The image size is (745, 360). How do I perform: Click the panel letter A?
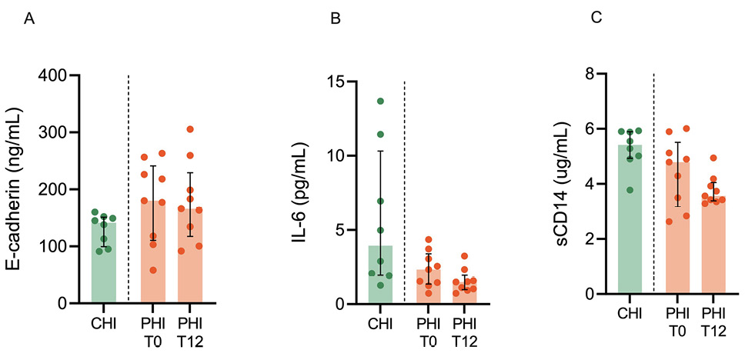coord(30,20)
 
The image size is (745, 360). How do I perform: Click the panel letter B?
coord(335,20)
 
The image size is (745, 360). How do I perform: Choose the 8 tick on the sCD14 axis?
coord(592,74)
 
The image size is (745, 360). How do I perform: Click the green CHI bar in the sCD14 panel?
coord(630,223)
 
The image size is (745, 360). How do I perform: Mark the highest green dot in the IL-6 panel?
coord(379,101)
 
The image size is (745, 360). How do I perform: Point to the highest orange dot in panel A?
coord(190,129)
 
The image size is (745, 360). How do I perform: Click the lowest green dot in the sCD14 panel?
coord(631,190)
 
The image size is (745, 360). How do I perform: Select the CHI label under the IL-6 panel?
coord(379,321)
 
